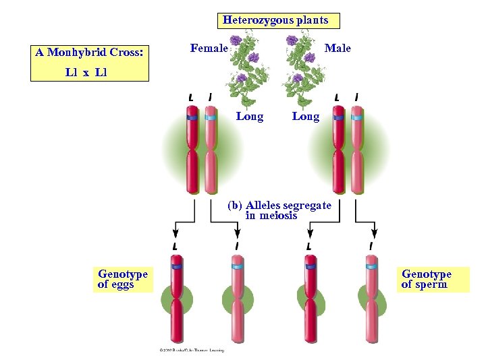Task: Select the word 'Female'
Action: (x=209, y=48)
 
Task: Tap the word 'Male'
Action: (x=337, y=48)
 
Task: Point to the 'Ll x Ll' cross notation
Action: (x=86, y=72)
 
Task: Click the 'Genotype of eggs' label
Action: (x=122, y=279)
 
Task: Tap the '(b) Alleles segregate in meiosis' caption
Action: (x=279, y=210)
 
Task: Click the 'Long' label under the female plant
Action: (x=250, y=117)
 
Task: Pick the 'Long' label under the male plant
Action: (x=305, y=117)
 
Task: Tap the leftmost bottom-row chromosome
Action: (x=177, y=301)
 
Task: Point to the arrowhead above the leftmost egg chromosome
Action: (x=175, y=233)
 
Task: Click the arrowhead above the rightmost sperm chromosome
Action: (x=374, y=233)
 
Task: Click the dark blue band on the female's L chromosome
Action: (x=192, y=117)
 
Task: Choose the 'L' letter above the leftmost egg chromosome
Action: (x=175, y=247)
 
